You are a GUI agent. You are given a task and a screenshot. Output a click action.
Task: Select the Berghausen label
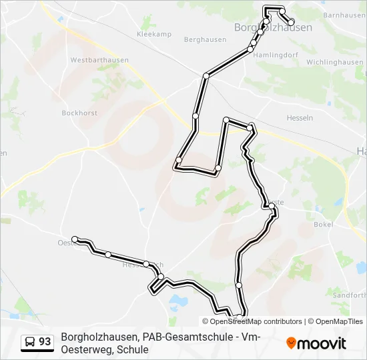pyautogui.click(x=204, y=40)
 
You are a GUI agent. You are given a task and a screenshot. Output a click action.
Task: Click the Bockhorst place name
pyautogui.click(x=79, y=113)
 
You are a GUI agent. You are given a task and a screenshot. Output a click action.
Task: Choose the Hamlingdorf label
pyautogui.click(x=274, y=55)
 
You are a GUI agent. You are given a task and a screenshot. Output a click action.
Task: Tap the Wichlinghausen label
pyautogui.click(x=334, y=62)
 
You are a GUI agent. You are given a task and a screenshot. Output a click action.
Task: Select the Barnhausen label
pyautogui.click(x=344, y=15)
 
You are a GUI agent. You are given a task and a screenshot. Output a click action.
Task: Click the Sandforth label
pyautogui.click(x=348, y=295)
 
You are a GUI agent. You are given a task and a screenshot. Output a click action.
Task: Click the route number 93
pyautogui.click(x=45, y=342)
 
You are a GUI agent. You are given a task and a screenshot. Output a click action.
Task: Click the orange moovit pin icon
pyautogui.click(x=291, y=343)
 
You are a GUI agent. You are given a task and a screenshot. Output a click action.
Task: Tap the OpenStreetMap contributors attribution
pyautogui.click(x=256, y=321)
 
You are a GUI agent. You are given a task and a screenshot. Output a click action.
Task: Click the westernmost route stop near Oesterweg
pyautogui.click(x=75, y=239)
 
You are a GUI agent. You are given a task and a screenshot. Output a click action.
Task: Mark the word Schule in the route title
pyautogui.click(x=132, y=349)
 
